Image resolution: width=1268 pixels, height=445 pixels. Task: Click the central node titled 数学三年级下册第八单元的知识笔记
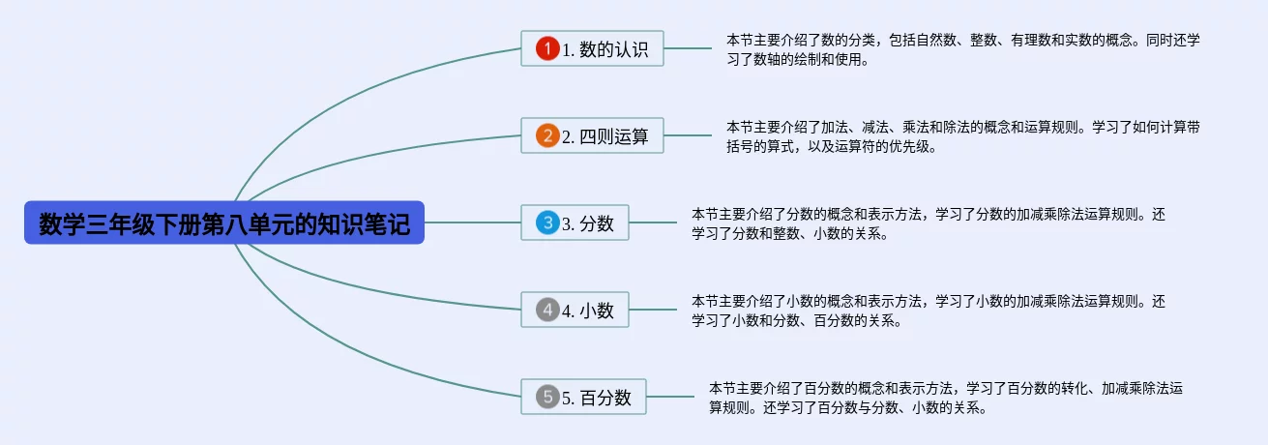coord(224,222)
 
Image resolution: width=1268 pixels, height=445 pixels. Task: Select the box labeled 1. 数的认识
coord(592,48)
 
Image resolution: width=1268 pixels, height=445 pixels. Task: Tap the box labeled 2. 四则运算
coord(592,135)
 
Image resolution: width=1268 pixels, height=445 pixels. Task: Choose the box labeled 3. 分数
coord(575,222)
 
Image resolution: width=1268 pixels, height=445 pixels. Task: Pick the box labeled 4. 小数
coord(575,310)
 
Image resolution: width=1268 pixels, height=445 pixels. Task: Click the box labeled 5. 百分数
coord(583,397)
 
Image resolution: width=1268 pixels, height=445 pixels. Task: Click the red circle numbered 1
coord(547,48)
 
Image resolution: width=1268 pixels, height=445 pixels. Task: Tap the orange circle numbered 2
coord(547,135)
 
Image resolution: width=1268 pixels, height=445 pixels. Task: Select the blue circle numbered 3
coord(547,222)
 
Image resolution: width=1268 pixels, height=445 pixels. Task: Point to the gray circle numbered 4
coord(547,310)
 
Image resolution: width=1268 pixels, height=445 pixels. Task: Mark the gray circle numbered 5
coord(547,397)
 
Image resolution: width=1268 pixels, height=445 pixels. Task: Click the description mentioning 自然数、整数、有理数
coord(963,49)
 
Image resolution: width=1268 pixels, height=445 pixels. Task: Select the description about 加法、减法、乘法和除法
coord(963,136)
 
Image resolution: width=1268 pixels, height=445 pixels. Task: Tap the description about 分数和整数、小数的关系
coord(929,223)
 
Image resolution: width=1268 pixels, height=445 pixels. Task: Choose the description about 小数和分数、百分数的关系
coord(929,311)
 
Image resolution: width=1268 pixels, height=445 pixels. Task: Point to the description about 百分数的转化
coord(946,398)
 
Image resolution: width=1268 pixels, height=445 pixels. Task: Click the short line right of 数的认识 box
coord(688,48)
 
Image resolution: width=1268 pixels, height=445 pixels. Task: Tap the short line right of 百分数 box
coord(670,397)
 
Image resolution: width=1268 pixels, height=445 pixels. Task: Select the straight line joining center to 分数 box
coord(473,222)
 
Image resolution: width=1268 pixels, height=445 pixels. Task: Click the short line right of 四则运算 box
coord(688,135)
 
